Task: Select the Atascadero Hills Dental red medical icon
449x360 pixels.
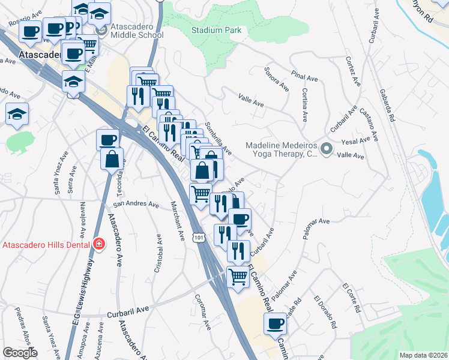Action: pyautogui.click(x=98, y=244)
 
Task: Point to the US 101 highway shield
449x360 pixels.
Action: pyautogui.click(x=199, y=238)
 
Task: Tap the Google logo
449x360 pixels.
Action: pyautogui.click(x=20, y=352)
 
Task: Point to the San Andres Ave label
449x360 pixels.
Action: pyautogui.click(x=136, y=204)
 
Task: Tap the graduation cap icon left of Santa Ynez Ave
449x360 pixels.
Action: pyautogui.click(x=17, y=113)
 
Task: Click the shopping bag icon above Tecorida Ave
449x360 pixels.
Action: pyautogui.click(x=112, y=159)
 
